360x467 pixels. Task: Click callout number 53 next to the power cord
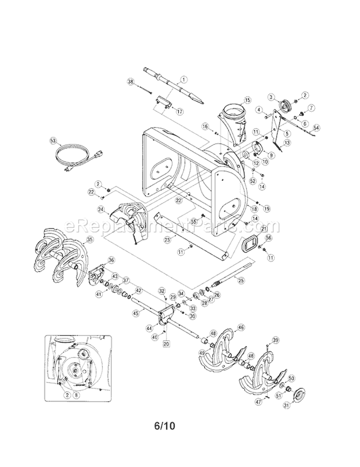coord(53,141)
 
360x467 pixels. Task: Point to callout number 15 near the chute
coord(247,100)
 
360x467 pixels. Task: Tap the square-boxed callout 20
coord(167,343)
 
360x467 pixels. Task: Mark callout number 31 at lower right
coord(287,406)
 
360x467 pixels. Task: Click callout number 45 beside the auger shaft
coord(135,312)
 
